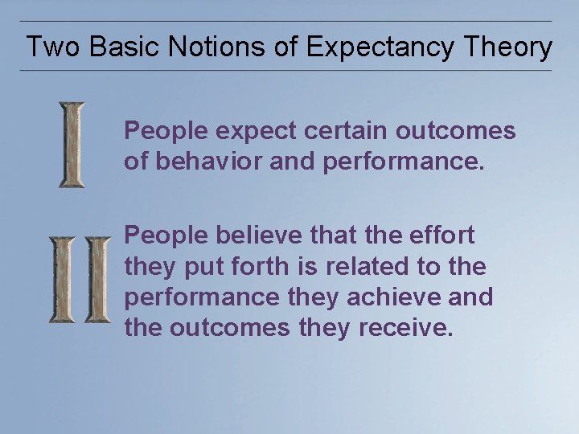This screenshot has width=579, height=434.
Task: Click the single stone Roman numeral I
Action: pyautogui.click(x=72, y=145)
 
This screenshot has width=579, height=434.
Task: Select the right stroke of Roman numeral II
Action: pyautogui.click(x=97, y=280)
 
